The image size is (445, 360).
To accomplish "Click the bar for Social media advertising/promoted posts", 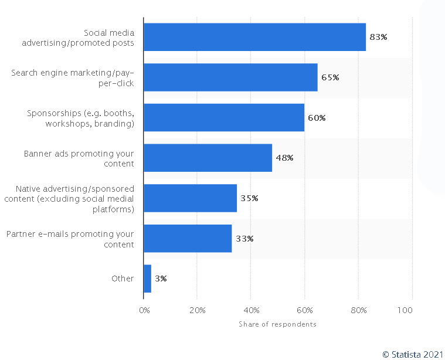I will (254, 37).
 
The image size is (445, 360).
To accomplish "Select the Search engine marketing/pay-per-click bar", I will (230, 77).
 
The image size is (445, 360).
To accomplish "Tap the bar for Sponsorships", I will (224, 118).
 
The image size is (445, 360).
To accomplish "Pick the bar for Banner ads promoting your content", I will (208, 158).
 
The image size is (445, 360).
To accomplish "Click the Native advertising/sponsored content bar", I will (190, 198).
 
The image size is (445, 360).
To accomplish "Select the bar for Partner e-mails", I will (188, 239).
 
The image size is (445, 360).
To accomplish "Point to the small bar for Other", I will (147, 279).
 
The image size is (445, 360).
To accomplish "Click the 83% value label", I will (378, 37).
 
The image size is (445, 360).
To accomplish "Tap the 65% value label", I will (330, 77).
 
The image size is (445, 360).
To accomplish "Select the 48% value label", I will (284, 158).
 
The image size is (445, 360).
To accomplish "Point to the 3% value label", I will (161, 279).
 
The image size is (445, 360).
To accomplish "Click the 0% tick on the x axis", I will (144, 310).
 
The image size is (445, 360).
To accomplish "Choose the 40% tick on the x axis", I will (251, 310).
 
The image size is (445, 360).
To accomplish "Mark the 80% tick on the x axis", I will (358, 310).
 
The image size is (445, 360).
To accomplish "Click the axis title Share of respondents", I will (277, 324).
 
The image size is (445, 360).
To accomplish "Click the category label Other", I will (123, 279).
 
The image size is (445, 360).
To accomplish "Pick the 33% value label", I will (244, 239).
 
